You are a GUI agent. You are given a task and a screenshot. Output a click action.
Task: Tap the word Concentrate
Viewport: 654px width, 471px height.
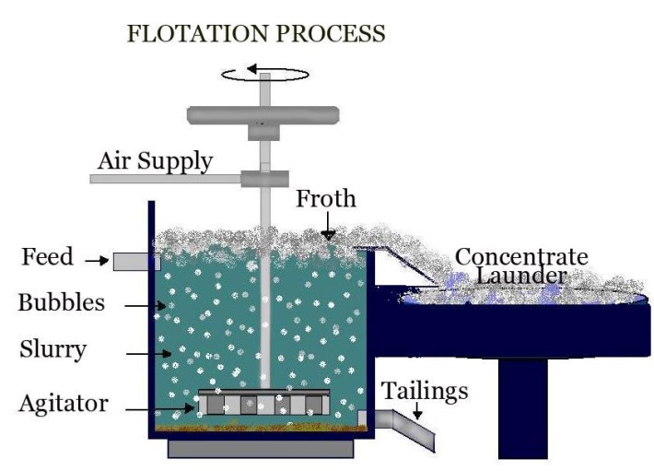coord(521,255)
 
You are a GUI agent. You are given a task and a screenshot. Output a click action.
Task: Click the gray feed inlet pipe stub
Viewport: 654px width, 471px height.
coord(130,262)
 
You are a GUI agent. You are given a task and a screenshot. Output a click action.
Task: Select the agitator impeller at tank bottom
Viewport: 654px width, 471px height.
coord(264,403)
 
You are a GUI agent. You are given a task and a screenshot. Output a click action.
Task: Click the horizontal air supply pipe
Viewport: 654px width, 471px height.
coord(166,178)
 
